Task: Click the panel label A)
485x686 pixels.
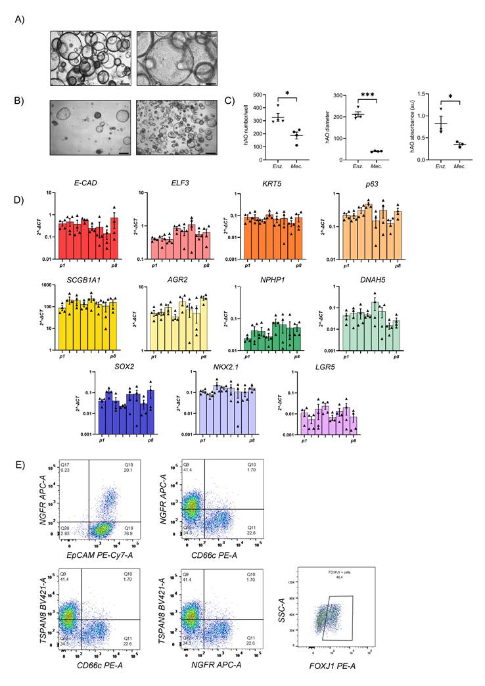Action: [x=20, y=19]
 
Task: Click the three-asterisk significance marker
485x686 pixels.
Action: [x=365, y=97]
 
